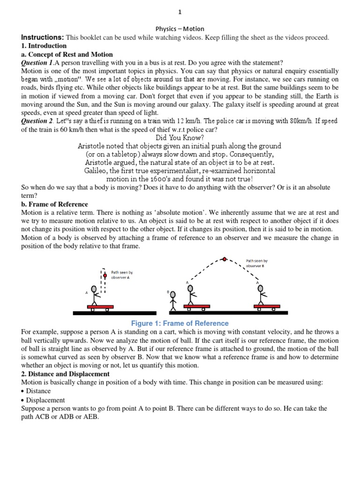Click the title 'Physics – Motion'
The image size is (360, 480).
180,29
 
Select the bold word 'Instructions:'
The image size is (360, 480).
42,37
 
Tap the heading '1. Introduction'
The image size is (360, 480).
44,46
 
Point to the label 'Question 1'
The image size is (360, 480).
37,63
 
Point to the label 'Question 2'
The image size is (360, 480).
37,121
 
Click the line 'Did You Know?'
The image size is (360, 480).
180,138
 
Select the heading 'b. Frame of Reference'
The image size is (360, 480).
54,204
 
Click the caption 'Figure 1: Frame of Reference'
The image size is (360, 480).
180,323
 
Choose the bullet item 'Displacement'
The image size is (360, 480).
45,400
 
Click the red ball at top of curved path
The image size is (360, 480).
225,259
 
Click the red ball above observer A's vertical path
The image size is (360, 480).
105,275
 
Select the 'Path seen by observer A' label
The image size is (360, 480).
121,275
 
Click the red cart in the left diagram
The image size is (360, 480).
100,306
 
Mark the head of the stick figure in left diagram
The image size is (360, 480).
95,289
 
